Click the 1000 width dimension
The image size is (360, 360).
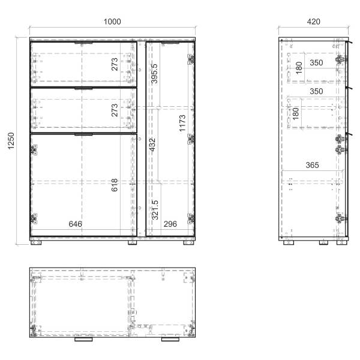pyautogui.click(x=112, y=22)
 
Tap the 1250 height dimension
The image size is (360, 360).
pyautogui.click(x=11, y=141)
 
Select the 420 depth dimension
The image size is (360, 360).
pyautogui.click(x=313, y=22)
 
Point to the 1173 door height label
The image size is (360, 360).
pyautogui.click(x=182, y=123)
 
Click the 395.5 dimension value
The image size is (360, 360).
pyautogui.click(x=155, y=73)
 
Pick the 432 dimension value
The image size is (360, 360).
pyautogui.click(x=152, y=145)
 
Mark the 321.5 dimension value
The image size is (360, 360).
pyautogui.click(x=155, y=210)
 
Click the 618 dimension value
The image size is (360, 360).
pyautogui.click(x=115, y=185)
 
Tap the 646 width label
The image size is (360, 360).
pyautogui.click(x=76, y=224)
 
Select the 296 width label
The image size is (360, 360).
pyautogui.click(x=170, y=224)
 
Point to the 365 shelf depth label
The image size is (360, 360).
pyautogui.click(x=312, y=165)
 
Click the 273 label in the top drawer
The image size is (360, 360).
pyautogui.click(x=115, y=64)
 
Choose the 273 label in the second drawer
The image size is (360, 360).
pyautogui.click(x=115, y=110)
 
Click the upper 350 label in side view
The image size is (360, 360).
pyautogui.click(x=316, y=62)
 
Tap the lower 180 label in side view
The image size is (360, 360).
pyautogui.click(x=296, y=113)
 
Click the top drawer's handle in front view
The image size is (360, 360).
pyautogui.click(x=83, y=43)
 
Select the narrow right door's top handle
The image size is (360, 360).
pyautogui.click(x=170, y=43)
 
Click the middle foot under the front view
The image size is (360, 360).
pyautogui.click(x=132, y=242)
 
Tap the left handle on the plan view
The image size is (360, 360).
pyautogui.click(x=83, y=339)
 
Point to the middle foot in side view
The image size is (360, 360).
pyautogui.click(x=323, y=242)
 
